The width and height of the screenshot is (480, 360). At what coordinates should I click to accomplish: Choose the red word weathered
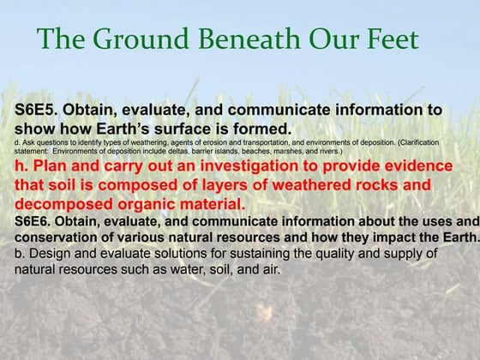pos(327,184)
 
